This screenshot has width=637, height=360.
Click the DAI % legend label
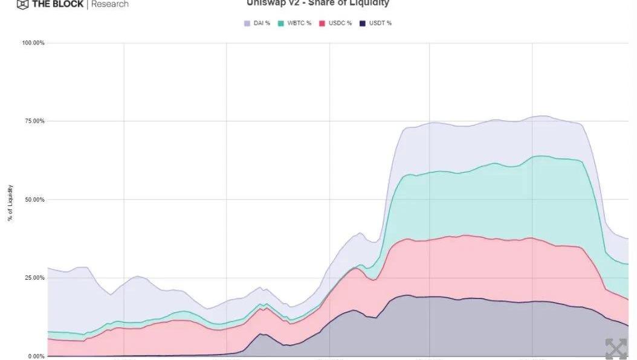(261, 23)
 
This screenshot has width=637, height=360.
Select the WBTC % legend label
(299, 23)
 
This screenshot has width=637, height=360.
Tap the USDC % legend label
(341, 23)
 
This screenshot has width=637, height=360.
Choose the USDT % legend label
(381, 23)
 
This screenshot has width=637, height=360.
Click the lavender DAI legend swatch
(247, 23)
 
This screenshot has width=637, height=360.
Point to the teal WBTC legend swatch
(281, 23)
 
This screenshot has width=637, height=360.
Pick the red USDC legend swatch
(323, 23)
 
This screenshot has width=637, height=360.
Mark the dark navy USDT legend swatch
(363, 23)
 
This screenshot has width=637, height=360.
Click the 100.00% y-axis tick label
(33, 43)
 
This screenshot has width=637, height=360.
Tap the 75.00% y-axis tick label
(34, 121)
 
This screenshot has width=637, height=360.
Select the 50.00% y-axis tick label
(34, 199)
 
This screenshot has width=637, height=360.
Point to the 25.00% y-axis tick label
(34, 278)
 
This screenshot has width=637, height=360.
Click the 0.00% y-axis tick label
(36, 356)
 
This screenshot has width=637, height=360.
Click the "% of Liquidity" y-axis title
(10, 203)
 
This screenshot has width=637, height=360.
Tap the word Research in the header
(110, 4)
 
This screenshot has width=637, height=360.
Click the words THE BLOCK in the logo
(57, 4)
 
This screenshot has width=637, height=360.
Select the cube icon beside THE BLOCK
(22, 4)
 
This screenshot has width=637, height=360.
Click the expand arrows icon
(616, 349)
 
